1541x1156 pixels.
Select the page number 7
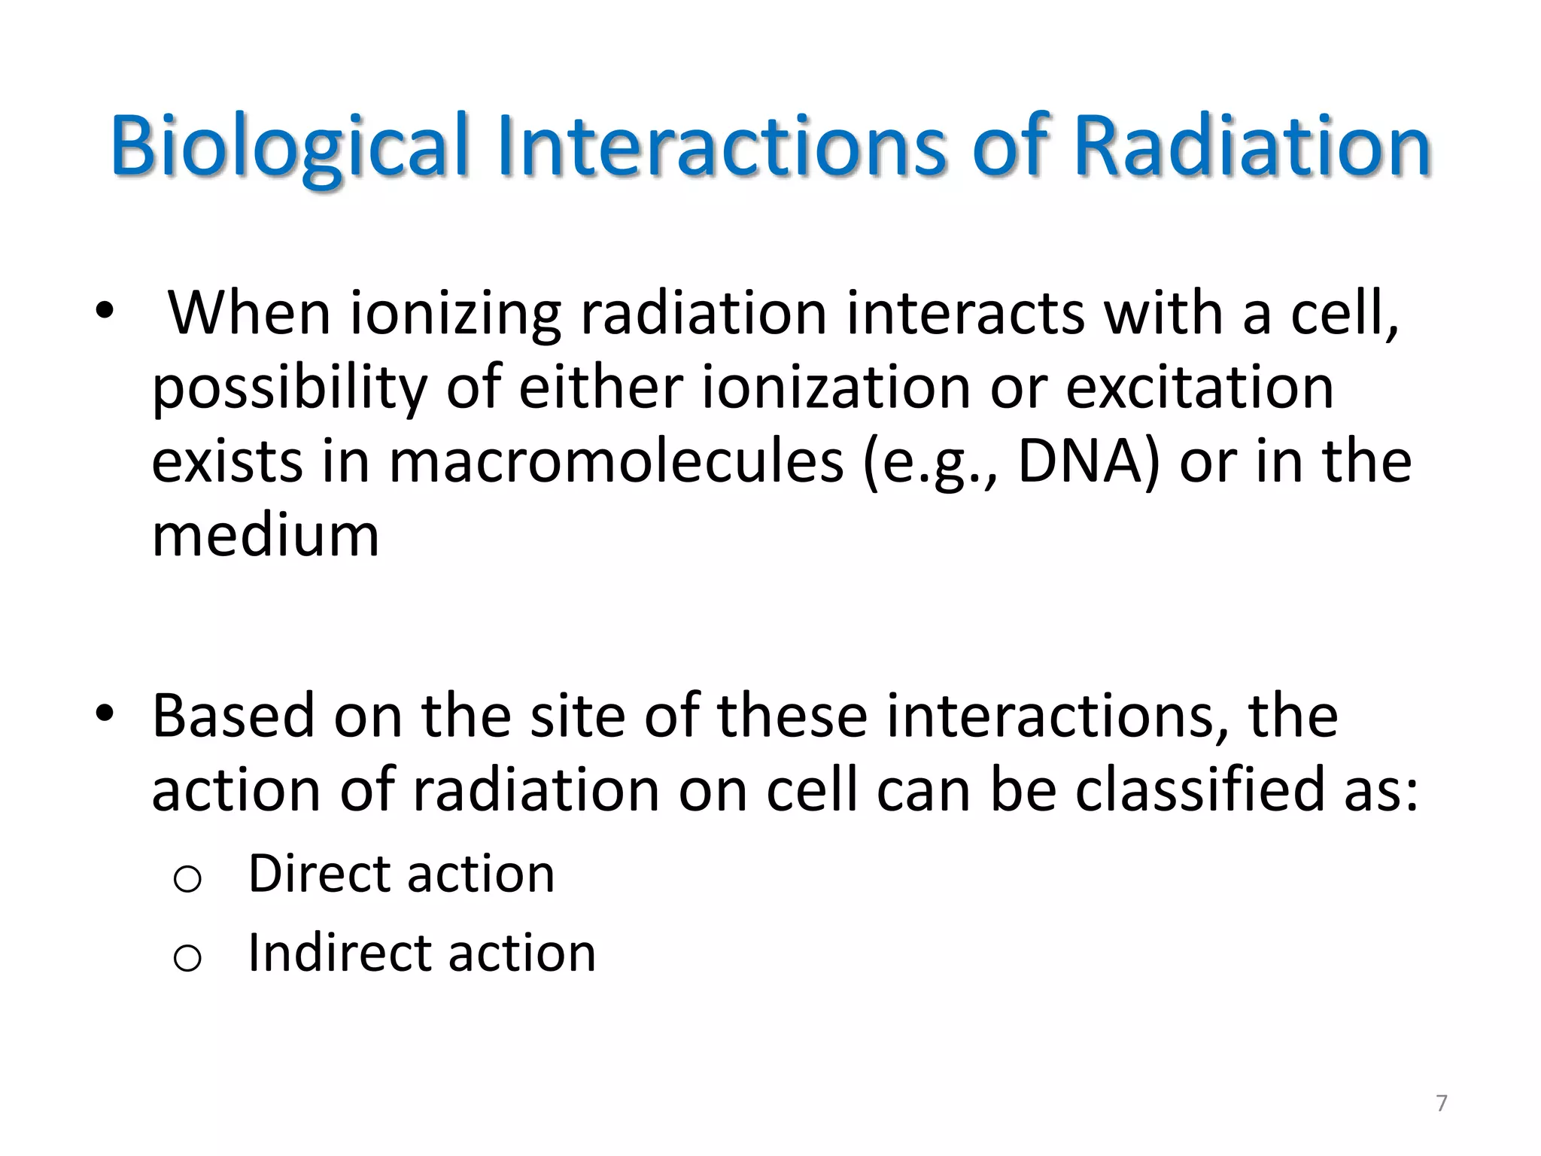click(x=1442, y=1103)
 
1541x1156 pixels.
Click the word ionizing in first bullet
click(x=456, y=315)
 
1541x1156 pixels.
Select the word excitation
click(x=1199, y=388)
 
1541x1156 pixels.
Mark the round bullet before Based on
click(x=105, y=712)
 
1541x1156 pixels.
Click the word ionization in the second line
click(x=836, y=388)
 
